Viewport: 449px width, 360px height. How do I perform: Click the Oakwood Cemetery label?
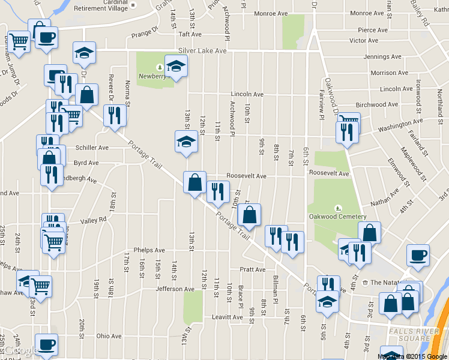point(337,216)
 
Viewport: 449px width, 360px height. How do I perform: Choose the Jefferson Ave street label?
point(175,289)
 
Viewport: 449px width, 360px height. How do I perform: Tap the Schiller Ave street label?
point(92,147)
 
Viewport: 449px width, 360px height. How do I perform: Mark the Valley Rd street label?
point(93,220)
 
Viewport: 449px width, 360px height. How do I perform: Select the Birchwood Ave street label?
point(376,104)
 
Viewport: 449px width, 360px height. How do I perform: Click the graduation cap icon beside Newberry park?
point(176,66)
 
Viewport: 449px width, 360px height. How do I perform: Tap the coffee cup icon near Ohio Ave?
point(46,344)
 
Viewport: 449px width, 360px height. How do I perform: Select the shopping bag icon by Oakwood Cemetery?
point(370,232)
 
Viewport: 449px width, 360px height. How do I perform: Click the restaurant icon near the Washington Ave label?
point(346,131)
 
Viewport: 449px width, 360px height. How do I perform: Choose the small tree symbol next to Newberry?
point(160,67)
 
